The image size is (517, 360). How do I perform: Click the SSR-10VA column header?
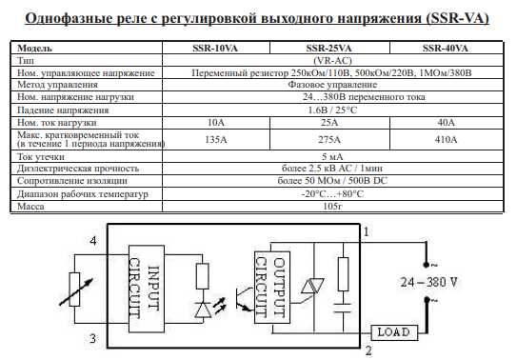point(216,47)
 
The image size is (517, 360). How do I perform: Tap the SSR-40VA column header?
point(446,47)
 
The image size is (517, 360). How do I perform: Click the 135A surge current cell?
point(216,139)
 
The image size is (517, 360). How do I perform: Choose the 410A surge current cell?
point(446,139)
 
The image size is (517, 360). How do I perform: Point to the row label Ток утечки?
point(44,155)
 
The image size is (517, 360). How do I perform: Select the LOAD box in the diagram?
point(392,332)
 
